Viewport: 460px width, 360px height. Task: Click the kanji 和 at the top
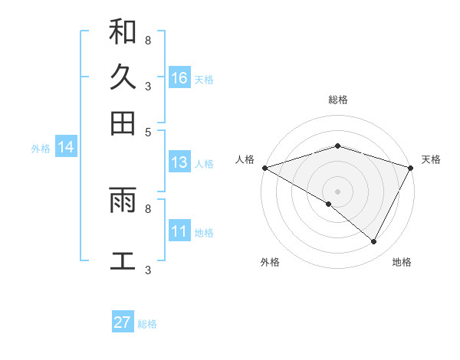coord(123,31)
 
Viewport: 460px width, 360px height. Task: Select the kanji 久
coord(123,77)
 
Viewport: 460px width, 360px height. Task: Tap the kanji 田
coord(123,123)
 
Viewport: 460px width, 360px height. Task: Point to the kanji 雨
coord(123,200)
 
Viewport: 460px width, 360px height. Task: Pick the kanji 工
coord(123,260)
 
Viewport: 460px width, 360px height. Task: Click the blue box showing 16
coord(179,78)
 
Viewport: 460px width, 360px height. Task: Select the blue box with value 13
coord(179,162)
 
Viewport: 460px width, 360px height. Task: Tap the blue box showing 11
coord(179,231)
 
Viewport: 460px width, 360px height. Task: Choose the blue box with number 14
coord(66,148)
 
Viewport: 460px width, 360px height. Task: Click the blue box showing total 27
coord(123,322)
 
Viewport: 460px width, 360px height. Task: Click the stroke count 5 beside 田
coord(148,131)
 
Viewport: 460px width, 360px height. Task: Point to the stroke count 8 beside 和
coord(148,39)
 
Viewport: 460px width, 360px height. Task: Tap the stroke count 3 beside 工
coord(148,270)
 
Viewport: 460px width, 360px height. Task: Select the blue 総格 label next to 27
coord(147,324)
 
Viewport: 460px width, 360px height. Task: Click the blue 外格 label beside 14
coord(41,149)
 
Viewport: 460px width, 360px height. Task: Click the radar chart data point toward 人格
coord(264,168)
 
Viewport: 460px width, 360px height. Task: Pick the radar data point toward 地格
coord(374,241)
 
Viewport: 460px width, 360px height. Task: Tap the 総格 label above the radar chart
coord(337,100)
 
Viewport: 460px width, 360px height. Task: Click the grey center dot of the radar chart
coord(337,191)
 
